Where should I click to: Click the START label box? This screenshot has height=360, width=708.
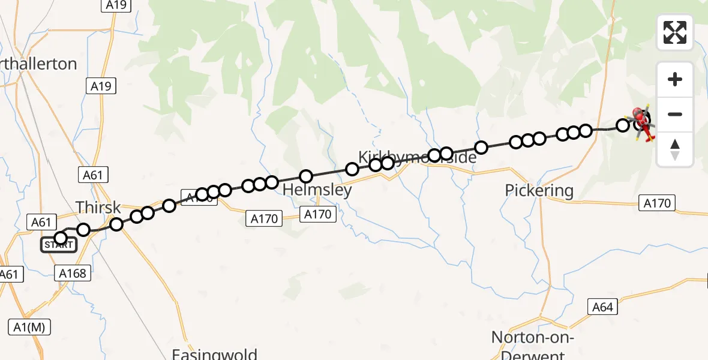[x=59, y=245]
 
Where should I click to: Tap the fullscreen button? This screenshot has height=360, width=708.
[x=675, y=32]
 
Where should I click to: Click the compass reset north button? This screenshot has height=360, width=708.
[x=675, y=149]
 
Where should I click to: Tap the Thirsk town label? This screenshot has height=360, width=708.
[x=98, y=208]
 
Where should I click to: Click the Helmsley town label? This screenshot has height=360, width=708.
[x=317, y=190]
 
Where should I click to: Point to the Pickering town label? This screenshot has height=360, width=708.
[x=539, y=191]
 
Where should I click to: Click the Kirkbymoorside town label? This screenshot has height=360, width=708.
[x=417, y=157]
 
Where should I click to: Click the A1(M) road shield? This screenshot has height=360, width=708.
[x=29, y=327]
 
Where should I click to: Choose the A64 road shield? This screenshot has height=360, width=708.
[x=602, y=307]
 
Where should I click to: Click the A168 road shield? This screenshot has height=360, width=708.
[x=74, y=274]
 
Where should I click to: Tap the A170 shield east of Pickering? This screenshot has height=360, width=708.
[x=656, y=203]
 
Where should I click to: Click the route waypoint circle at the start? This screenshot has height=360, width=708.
[x=61, y=238]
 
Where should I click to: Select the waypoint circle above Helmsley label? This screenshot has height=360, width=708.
[x=306, y=176]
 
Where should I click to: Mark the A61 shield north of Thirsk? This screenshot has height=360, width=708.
[x=92, y=175]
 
